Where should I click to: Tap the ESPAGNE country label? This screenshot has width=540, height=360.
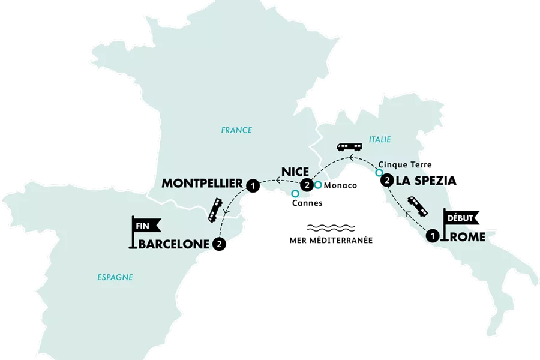pyautogui.click(x=114, y=277)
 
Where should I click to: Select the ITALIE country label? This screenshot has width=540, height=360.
pyautogui.click(x=380, y=139)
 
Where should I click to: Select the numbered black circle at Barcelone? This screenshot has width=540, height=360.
pyautogui.click(x=220, y=244)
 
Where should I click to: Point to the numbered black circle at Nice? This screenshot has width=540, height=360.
pyautogui.click(x=308, y=185)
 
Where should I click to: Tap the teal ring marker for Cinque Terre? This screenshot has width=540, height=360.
pyautogui.click(x=379, y=173)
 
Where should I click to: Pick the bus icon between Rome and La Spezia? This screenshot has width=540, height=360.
pyautogui.click(x=418, y=206)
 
